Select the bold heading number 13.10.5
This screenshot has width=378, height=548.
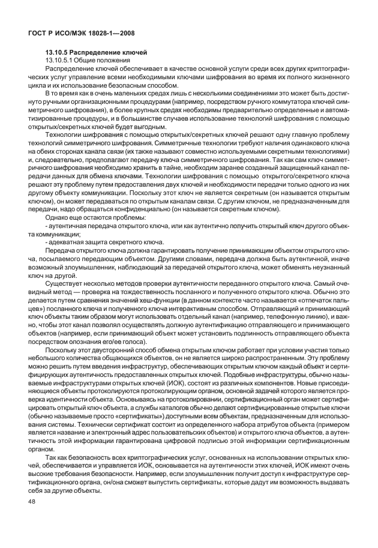coord(59,53)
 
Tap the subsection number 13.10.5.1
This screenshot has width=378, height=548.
coord(62,61)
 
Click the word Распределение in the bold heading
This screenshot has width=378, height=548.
coord(97,53)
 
